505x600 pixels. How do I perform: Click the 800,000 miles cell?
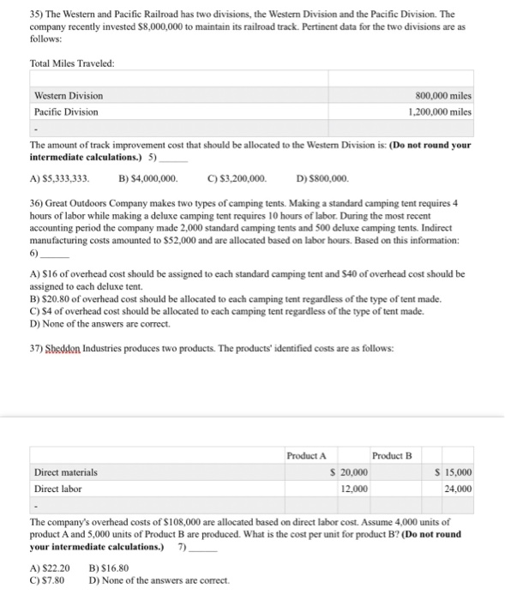pyautogui.click(x=442, y=95)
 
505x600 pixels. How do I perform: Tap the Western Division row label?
pyautogui.click(x=68, y=95)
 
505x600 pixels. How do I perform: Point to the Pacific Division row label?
pyautogui.click(x=66, y=111)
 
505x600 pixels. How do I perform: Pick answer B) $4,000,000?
pyautogui.click(x=147, y=178)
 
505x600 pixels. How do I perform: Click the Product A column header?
pyautogui.click(x=306, y=454)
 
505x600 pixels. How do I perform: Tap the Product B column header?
pyautogui.click(x=392, y=454)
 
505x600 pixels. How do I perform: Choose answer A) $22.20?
pyautogui.click(x=50, y=567)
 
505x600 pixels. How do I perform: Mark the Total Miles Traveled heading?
pyautogui.click(x=72, y=63)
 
